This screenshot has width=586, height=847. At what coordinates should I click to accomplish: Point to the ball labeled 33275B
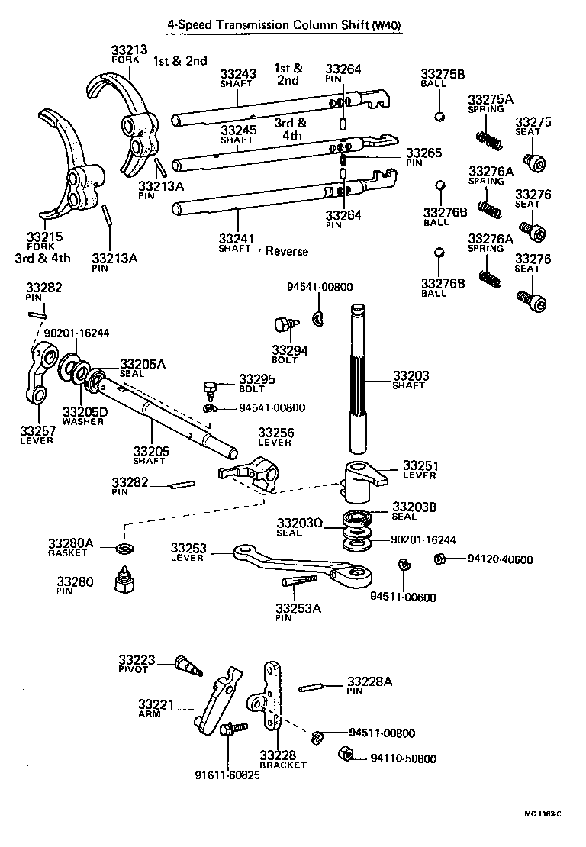tap(439, 116)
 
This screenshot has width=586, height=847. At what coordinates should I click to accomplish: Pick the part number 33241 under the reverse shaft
tap(235, 238)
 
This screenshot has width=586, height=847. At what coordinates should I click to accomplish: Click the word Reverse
tap(286, 251)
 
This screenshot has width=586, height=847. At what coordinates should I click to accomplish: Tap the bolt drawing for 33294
tap(284, 325)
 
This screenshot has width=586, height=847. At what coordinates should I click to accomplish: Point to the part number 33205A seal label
tap(143, 364)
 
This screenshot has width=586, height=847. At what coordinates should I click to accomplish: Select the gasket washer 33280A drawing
tap(124, 549)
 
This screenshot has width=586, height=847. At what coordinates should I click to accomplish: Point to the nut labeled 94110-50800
tap(344, 756)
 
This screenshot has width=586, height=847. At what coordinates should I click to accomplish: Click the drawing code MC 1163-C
tap(542, 813)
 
